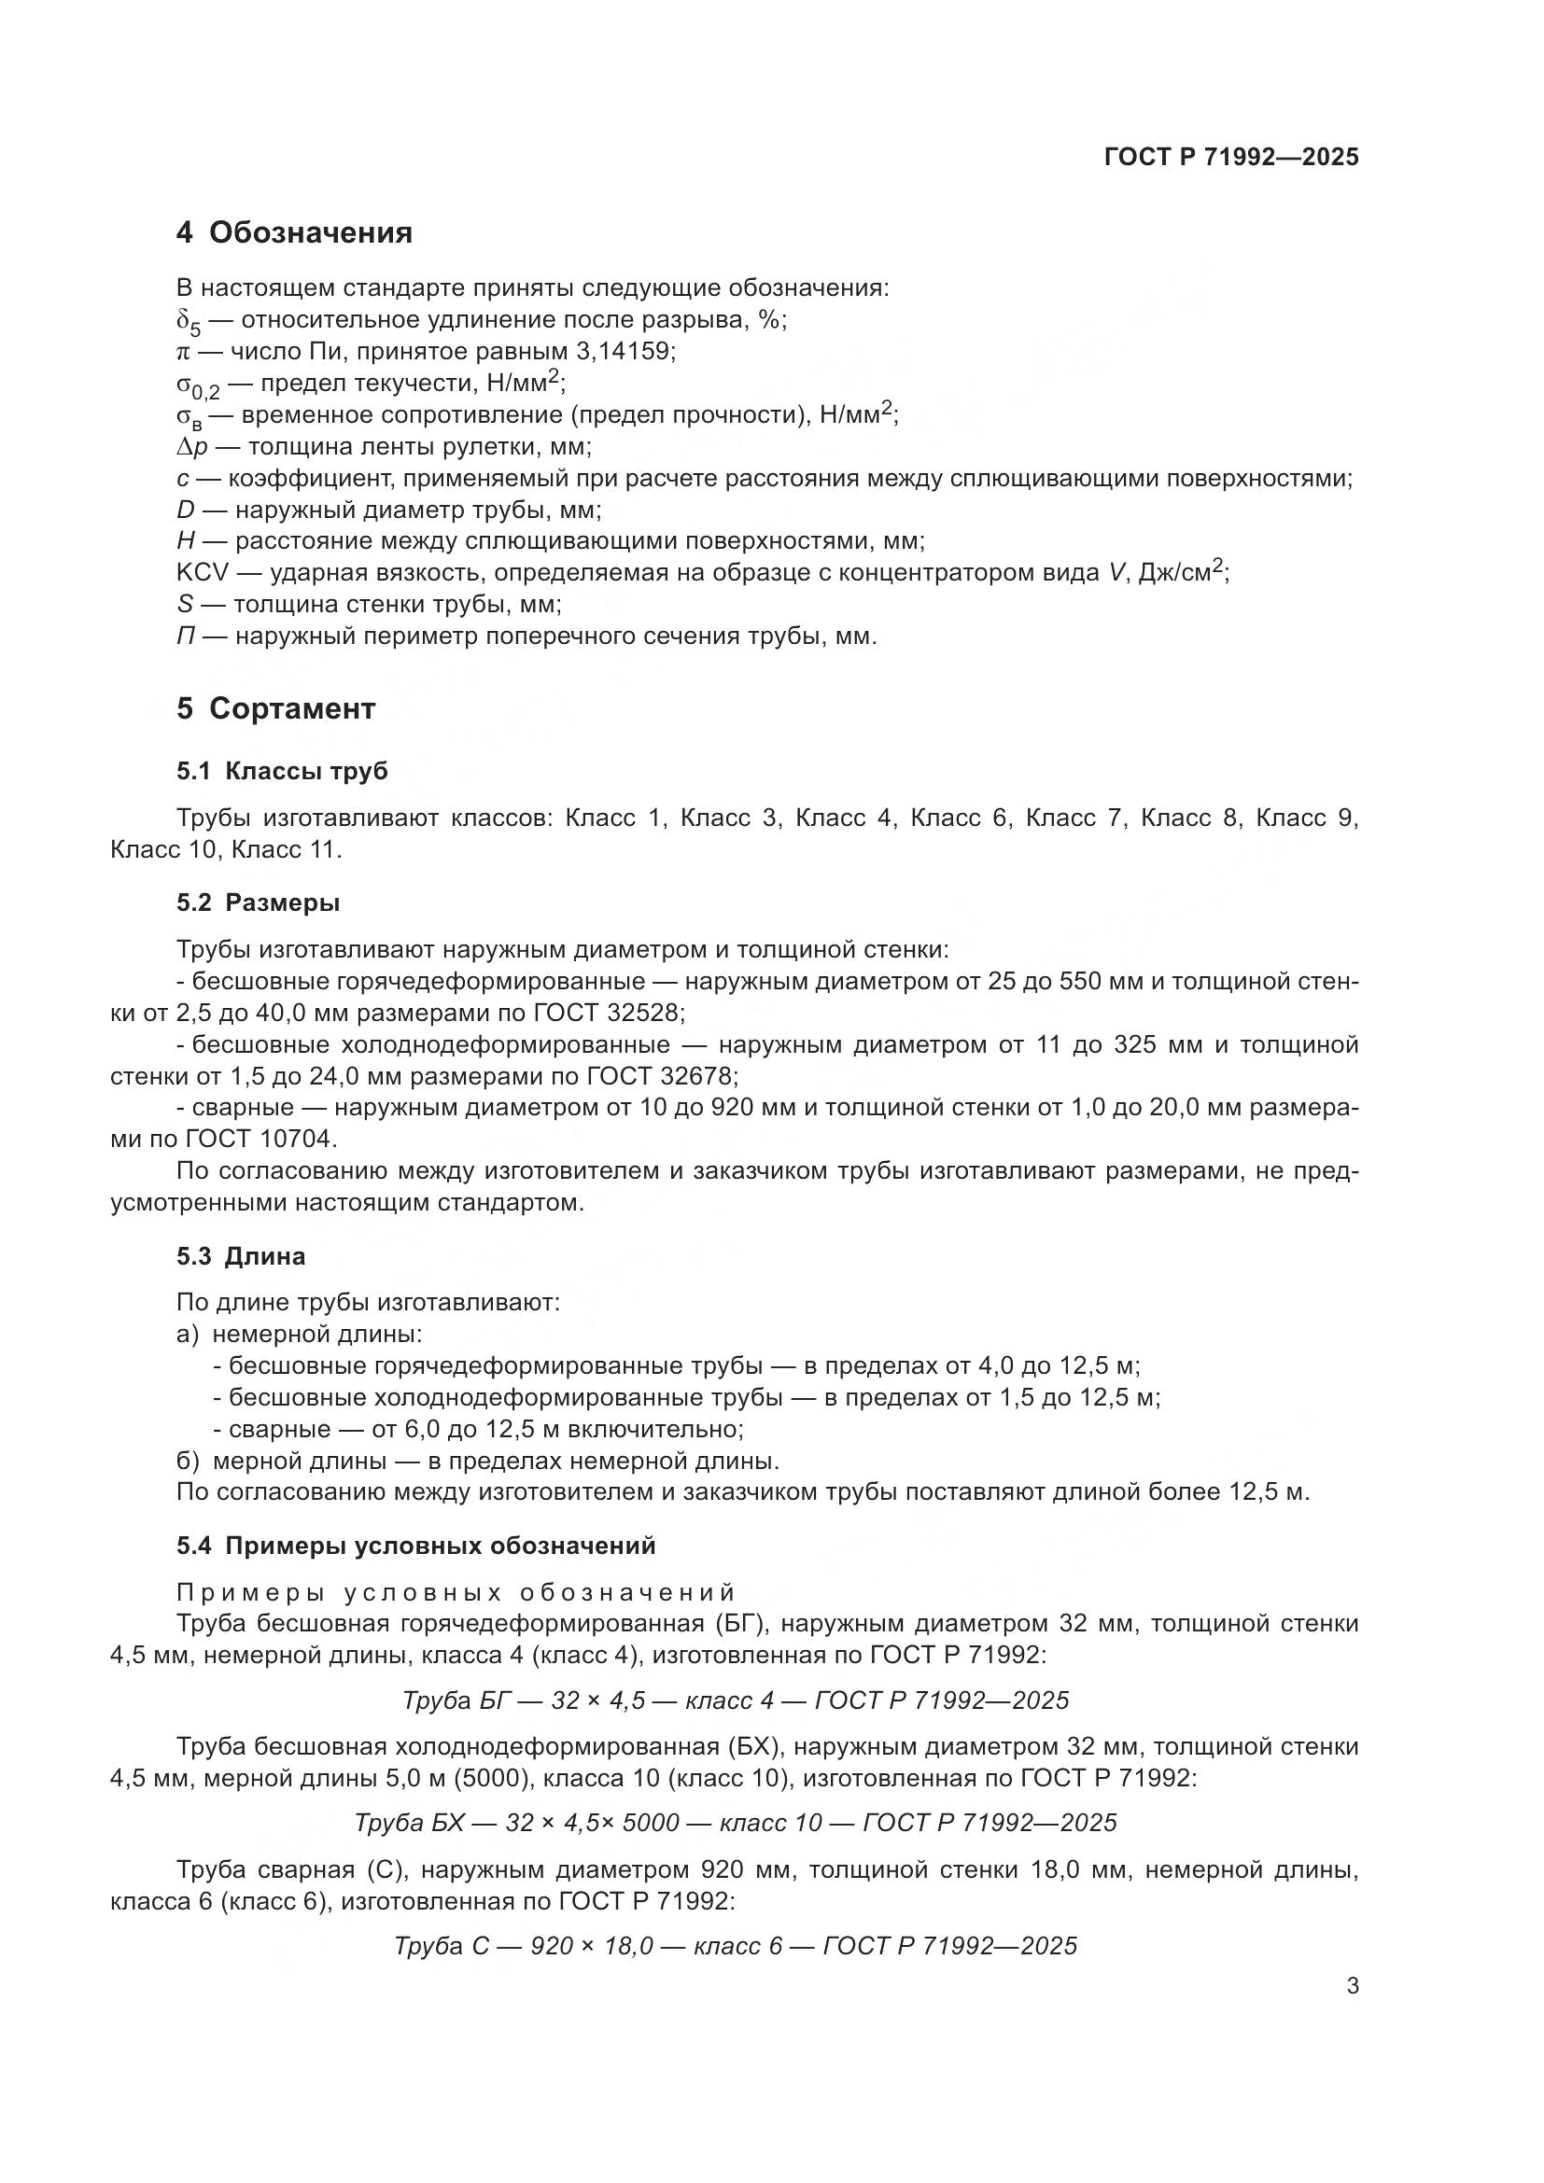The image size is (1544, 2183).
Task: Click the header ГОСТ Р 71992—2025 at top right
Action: point(1231,157)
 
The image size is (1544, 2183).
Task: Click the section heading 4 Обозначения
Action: point(294,233)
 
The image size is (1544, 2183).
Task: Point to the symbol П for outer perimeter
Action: point(186,637)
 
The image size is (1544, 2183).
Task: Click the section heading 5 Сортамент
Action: point(275,708)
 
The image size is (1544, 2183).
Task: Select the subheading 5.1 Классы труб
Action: point(281,772)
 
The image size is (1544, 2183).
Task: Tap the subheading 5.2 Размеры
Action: point(258,903)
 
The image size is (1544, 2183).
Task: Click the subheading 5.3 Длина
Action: point(241,1257)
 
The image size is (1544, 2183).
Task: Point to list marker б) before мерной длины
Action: point(188,1462)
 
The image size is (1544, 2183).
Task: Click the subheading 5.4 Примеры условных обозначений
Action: point(415,1546)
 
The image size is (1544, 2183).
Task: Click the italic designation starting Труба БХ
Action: point(735,1823)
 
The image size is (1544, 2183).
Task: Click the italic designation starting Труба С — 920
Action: point(735,1946)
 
